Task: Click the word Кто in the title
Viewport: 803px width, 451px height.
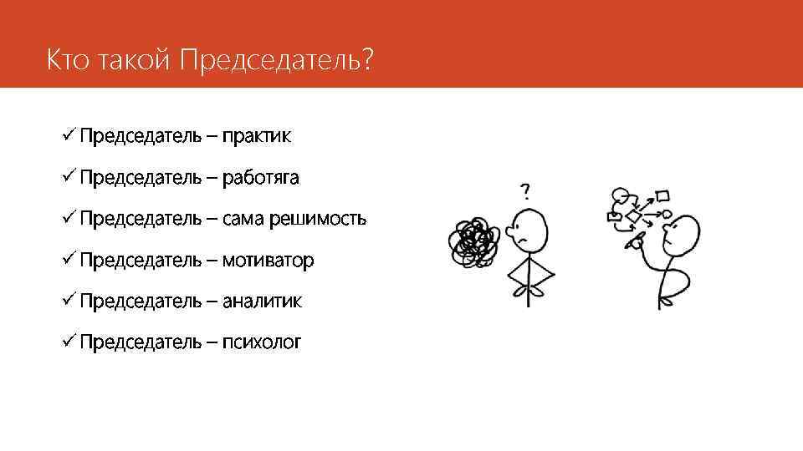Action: [65, 61]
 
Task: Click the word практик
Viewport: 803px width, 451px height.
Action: [256, 137]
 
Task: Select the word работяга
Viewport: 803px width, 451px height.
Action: [260, 178]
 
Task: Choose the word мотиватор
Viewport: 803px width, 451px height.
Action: [268, 261]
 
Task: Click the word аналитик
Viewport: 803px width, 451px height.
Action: [262, 301]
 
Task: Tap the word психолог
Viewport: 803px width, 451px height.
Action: [261, 342]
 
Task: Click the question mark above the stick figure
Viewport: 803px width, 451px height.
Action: [525, 191]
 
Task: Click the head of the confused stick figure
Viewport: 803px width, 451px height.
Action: [529, 231]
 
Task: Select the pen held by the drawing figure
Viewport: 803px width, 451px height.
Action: [635, 243]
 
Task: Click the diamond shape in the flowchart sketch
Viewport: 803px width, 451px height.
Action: [634, 217]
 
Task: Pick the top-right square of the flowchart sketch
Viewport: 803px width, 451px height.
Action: [662, 196]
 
